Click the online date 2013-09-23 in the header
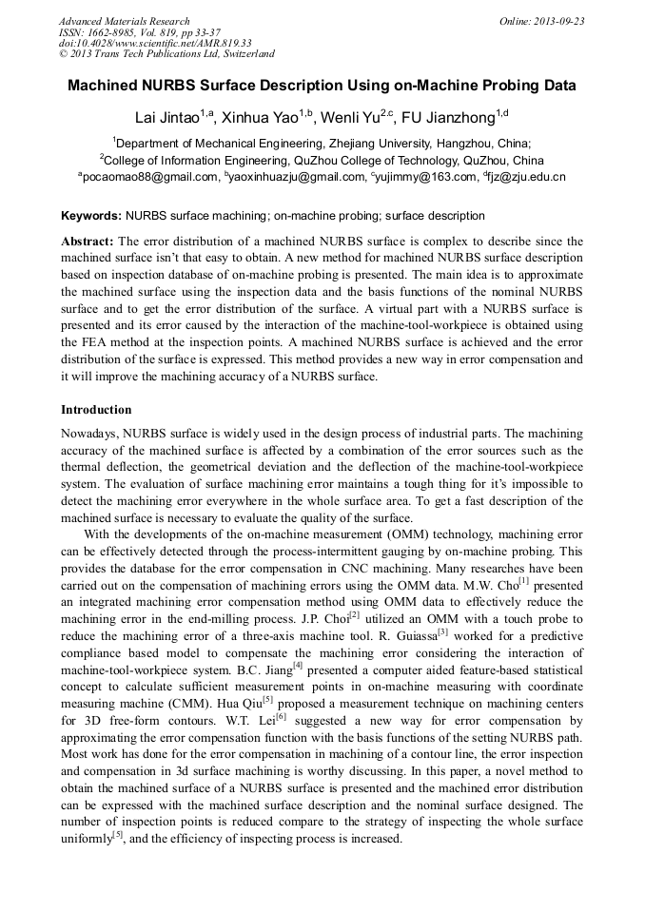click(x=555, y=21)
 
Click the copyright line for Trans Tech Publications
click(x=166, y=54)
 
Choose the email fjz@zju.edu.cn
click(x=528, y=177)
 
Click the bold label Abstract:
click(x=88, y=242)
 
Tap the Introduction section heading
click(x=96, y=410)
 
